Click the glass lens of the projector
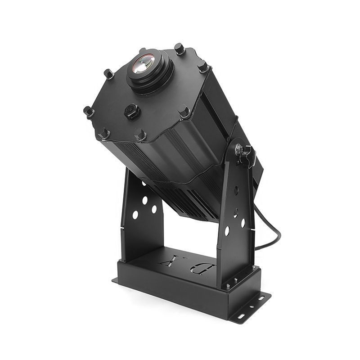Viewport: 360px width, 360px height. coord(143,64)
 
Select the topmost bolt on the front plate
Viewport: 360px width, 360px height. coord(180,49)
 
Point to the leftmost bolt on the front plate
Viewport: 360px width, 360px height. coord(89,111)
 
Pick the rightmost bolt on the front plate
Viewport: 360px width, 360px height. coord(203,67)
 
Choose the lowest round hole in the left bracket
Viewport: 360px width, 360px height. coord(135,215)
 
